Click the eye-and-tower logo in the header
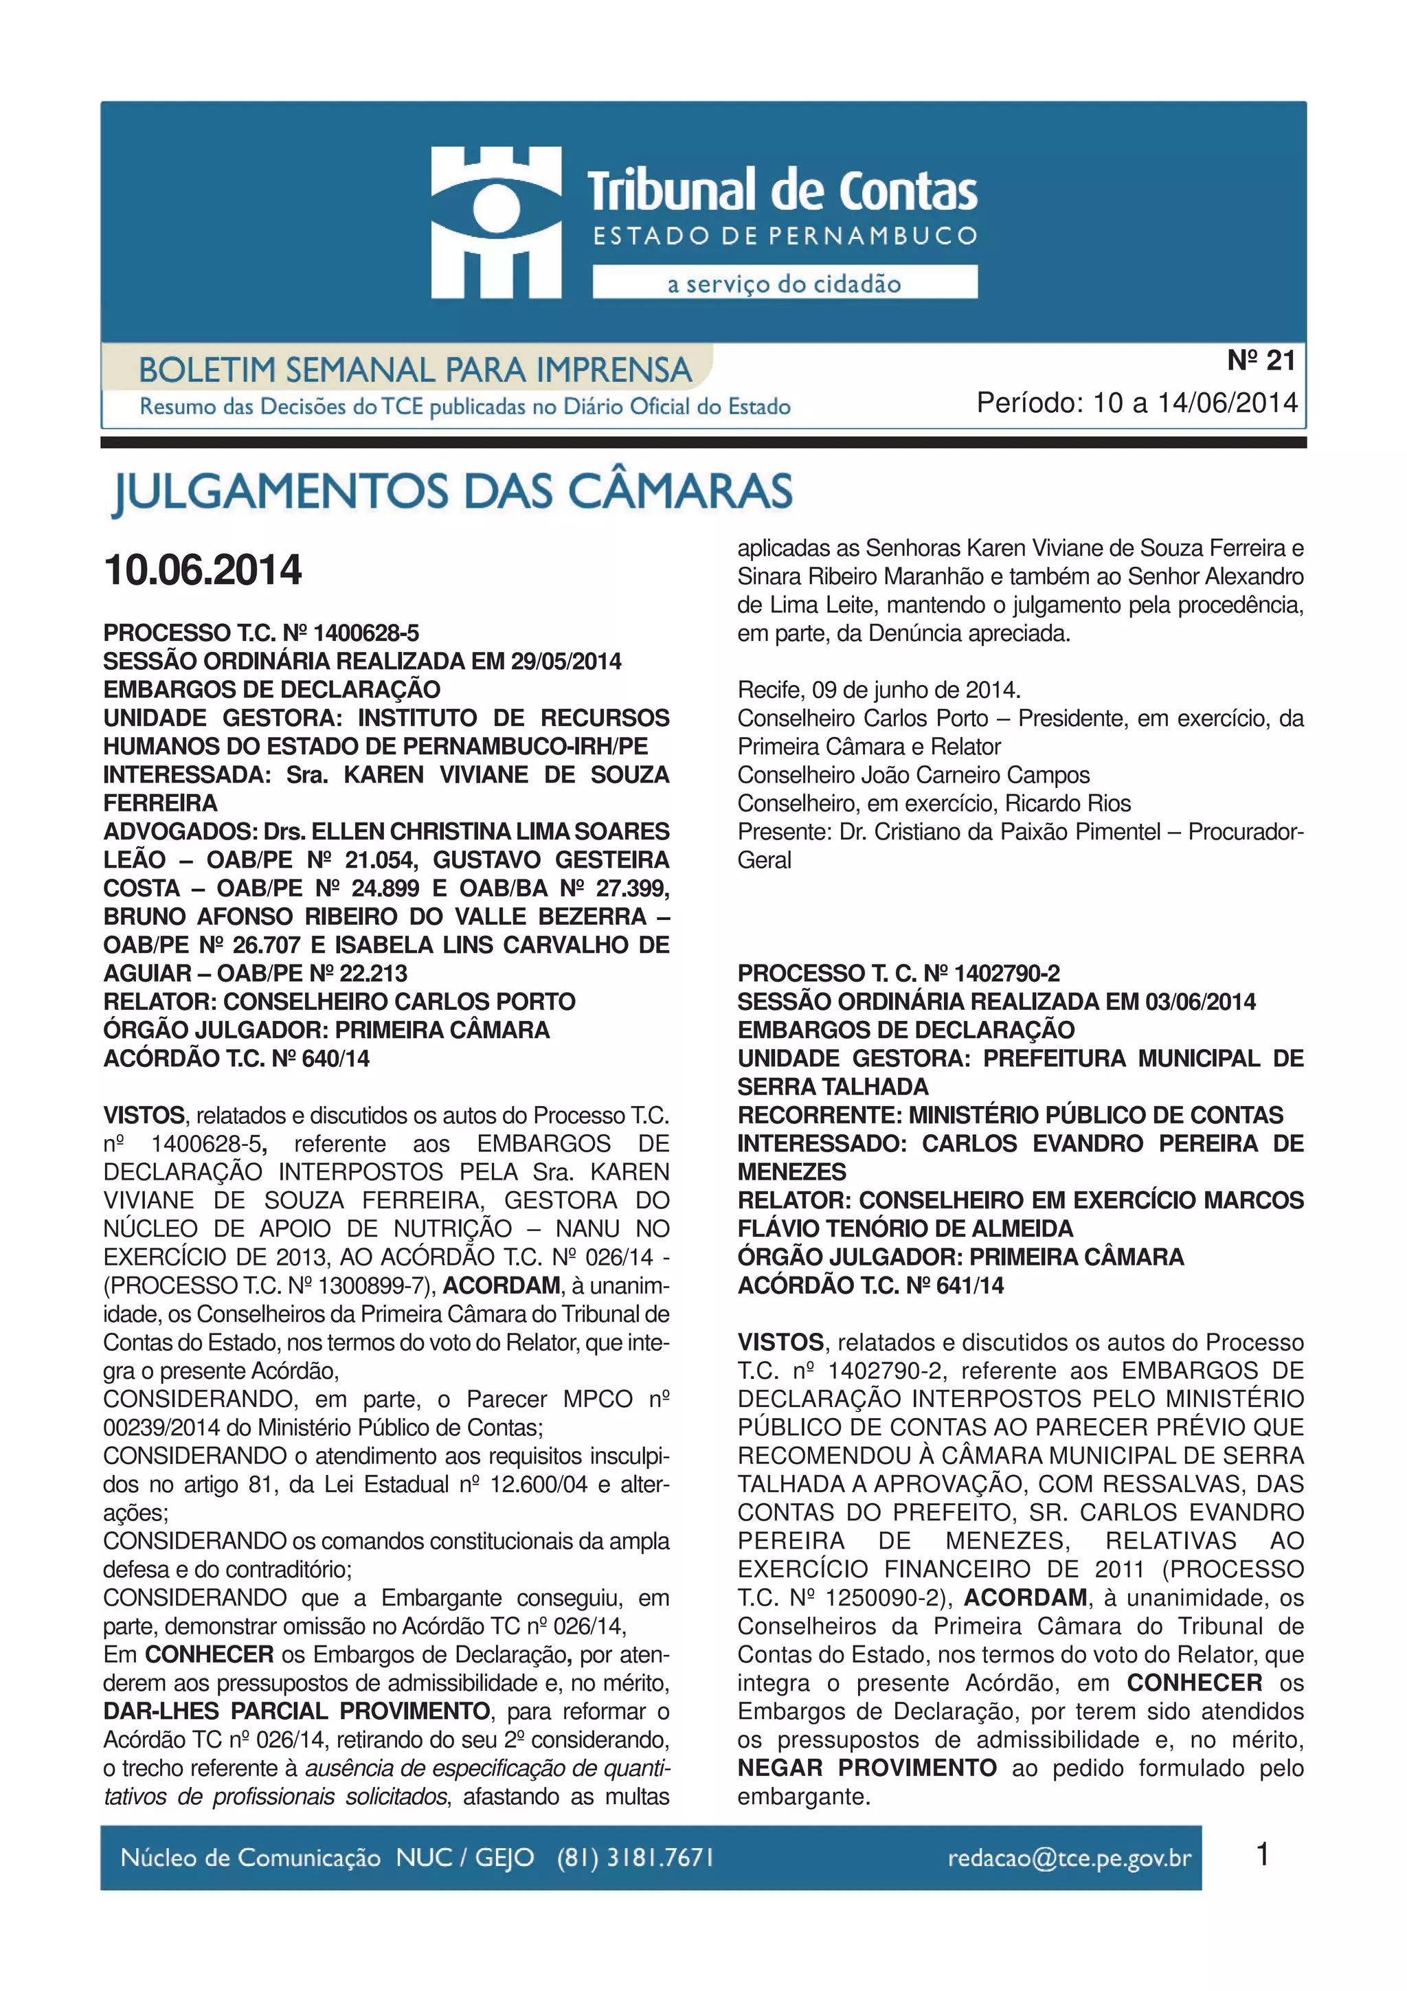496,222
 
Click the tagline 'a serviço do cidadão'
784,284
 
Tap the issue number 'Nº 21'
1261,361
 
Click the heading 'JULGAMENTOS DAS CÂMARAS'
453,492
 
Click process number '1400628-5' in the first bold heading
366,633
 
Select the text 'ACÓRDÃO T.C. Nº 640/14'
236,1059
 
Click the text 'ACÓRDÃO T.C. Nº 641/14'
870,1285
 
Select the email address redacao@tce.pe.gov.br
1069,1858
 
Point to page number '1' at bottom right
1262,1855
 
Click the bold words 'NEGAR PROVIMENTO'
867,1768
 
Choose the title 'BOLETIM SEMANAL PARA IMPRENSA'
415,370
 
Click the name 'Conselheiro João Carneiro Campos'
913,775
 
